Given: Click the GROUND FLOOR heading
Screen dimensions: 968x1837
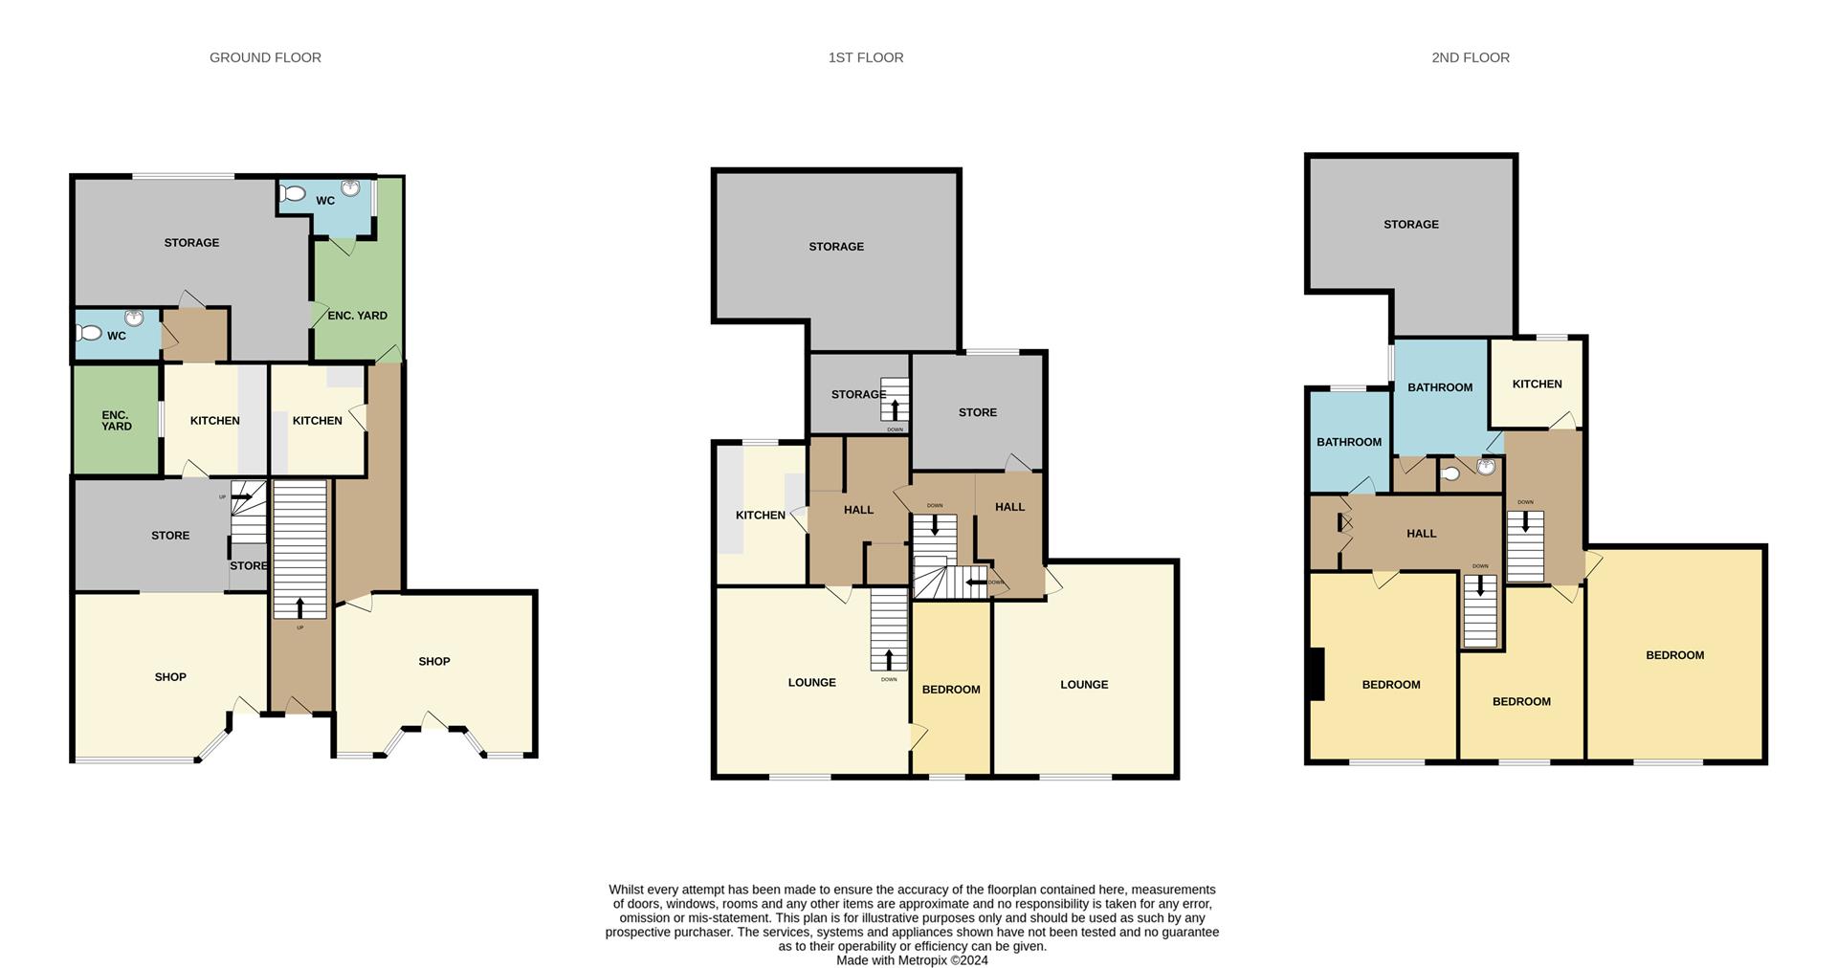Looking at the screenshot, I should pos(265,57).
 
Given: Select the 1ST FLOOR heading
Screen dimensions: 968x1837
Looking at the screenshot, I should pos(865,57).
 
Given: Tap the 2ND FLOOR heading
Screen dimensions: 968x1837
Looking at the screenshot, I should pos(1470,57).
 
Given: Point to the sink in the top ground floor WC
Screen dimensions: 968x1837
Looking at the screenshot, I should pos(350,187).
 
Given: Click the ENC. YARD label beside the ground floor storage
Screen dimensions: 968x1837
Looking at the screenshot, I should pos(357,316).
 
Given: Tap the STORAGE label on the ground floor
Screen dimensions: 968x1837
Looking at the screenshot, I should pos(191,243).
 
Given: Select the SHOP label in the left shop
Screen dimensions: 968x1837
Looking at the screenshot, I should pos(170,677).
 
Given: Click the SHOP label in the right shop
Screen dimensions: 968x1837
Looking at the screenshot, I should pos(433,662).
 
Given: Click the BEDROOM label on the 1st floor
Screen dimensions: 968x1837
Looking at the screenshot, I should pos(950,690).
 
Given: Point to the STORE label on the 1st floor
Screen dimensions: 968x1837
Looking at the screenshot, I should pos(977,413).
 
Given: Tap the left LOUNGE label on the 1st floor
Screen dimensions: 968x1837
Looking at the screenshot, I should pos(811,683).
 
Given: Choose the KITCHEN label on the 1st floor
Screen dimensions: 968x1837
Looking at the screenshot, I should pos(760,516).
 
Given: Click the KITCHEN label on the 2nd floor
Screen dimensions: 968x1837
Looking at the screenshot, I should pos(1537,385).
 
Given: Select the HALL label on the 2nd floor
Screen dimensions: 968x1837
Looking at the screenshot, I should pos(1421,534).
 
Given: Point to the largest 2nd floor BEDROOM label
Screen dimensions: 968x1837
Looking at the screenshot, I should pos(1674,656).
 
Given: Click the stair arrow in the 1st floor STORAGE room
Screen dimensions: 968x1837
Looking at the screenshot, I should pos(895,409).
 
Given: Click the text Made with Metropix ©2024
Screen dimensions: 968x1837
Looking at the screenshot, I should pos(912,960).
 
